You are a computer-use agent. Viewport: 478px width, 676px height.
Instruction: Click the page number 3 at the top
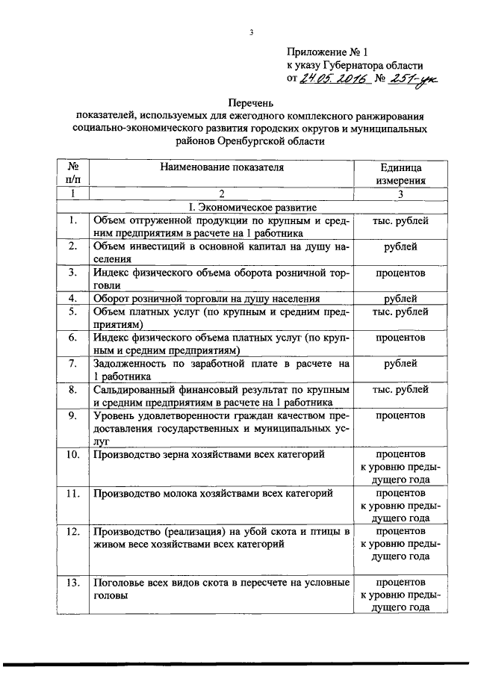(x=252, y=32)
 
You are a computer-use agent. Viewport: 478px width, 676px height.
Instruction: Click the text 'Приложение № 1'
(x=328, y=52)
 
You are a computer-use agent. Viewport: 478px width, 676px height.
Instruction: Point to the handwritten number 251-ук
(x=415, y=78)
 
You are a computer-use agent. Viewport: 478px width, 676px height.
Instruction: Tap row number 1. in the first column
(x=73, y=220)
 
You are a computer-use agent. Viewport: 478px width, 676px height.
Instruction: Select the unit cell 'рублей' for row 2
(x=400, y=247)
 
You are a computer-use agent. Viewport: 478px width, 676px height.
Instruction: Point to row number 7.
(x=73, y=364)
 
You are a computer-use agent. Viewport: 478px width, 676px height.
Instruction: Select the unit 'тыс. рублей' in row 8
(x=400, y=389)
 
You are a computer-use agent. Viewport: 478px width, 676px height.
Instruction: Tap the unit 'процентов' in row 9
(x=400, y=416)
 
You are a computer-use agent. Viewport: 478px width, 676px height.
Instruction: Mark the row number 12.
(x=73, y=532)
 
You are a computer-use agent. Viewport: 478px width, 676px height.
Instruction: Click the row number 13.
(x=73, y=583)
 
